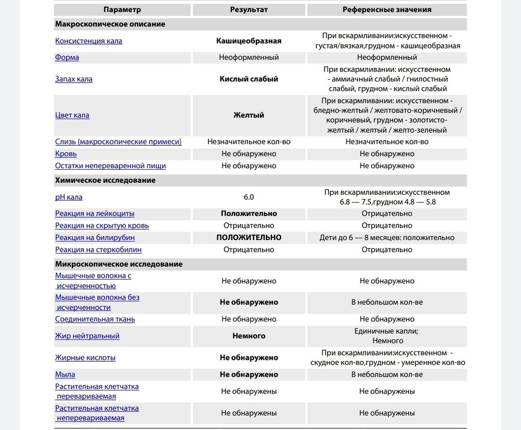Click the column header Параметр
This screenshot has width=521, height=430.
pos(122,9)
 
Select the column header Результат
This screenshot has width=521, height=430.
pos(249,9)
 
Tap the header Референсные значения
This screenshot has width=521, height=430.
pos(387,9)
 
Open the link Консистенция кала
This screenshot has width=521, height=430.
pos(89,41)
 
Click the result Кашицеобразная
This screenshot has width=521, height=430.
pos(249,41)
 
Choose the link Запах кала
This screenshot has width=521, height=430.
pos(73,79)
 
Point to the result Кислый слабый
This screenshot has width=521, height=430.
pos(249,79)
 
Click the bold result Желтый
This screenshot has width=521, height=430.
pos(249,115)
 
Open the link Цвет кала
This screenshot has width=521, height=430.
pos(72,115)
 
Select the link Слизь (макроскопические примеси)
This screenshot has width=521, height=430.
pos(118,142)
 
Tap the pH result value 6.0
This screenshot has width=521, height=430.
pos(249,197)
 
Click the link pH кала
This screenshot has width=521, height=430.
pos(69,197)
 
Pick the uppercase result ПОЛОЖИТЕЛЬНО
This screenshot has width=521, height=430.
pos(249,237)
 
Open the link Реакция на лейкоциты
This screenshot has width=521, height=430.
pos(95,213)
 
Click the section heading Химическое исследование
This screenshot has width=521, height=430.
pos(105,180)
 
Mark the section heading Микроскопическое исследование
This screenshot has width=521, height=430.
pos(119,264)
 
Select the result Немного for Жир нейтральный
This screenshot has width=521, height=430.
pos(249,336)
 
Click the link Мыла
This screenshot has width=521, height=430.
pos(65,374)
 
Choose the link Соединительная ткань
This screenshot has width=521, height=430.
pos(95,319)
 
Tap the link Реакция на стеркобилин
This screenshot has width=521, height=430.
pos(98,249)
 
